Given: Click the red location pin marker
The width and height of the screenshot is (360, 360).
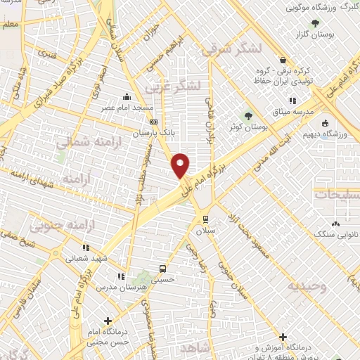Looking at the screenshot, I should pos(181,165).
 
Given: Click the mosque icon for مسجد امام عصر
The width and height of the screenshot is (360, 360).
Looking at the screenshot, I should pos(127,98).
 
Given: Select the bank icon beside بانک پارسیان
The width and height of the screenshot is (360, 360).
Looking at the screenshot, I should pos(154,121).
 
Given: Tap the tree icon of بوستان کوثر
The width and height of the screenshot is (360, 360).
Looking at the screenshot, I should pos(247,116).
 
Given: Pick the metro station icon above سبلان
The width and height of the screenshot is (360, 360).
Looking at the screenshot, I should pos(205,218).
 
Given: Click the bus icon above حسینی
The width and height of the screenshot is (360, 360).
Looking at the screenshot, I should pos(162,268).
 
